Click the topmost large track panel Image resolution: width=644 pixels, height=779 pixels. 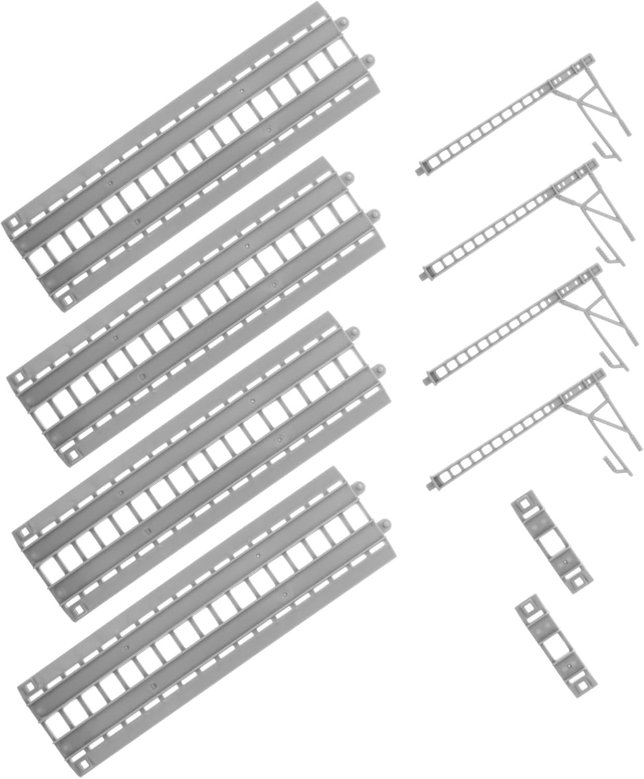point(192,156)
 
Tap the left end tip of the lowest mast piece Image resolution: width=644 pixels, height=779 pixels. point(434,487)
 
